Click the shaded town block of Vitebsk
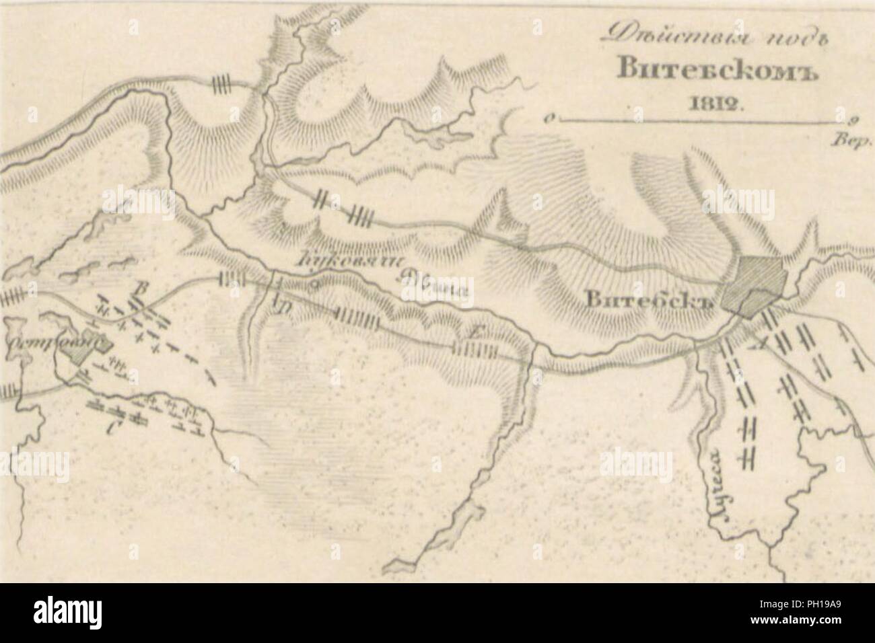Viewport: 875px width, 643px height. (x=753, y=283)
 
